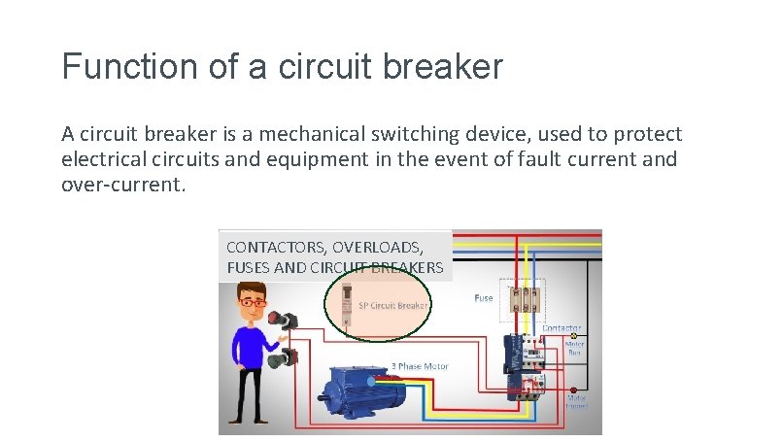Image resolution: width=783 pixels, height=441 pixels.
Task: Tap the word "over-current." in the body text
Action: pyautogui.click(x=122, y=183)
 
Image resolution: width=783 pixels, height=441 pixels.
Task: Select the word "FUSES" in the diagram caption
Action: pyautogui.click(x=249, y=267)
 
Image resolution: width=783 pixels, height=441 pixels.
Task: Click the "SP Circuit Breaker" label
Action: pyautogui.click(x=392, y=305)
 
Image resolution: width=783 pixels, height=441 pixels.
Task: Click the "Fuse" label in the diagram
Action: pyautogui.click(x=483, y=298)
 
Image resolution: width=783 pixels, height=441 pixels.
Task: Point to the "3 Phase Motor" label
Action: pyautogui.click(x=419, y=366)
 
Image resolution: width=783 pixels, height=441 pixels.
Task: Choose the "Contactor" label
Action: pyautogui.click(x=562, y=328)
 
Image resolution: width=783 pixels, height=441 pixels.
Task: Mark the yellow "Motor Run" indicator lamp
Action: pyautogui.click(x=574, y=335)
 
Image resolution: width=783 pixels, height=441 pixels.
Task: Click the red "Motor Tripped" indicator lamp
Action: pyautogui.click(x=574, y=387)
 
